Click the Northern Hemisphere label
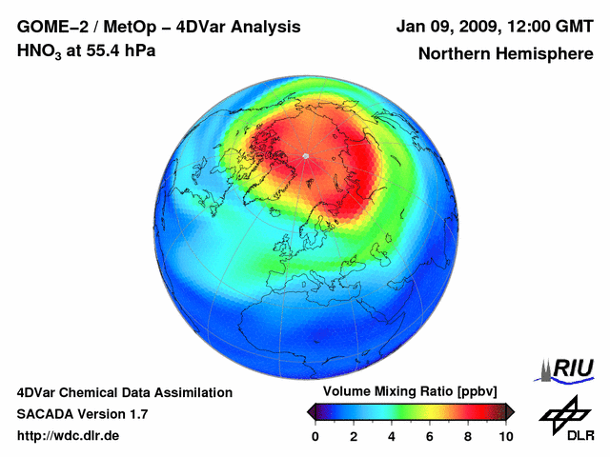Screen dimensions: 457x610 (506, 53)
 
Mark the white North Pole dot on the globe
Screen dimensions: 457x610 (305, 155)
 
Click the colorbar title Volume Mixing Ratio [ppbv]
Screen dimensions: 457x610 (411, 392)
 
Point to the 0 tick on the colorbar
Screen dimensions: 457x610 (315, 436)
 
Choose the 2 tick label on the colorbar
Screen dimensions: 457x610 (354, 436)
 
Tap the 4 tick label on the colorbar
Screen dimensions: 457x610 (392, 436)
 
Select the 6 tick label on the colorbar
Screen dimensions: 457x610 (430, 436)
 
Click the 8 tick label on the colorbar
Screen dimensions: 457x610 (468, 436)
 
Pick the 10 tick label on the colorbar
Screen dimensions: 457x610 (506, 436)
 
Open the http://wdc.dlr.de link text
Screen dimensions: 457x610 (69, 436)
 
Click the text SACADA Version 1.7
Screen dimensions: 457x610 (82, 414)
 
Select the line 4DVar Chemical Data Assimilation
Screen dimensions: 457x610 (125, 392)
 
